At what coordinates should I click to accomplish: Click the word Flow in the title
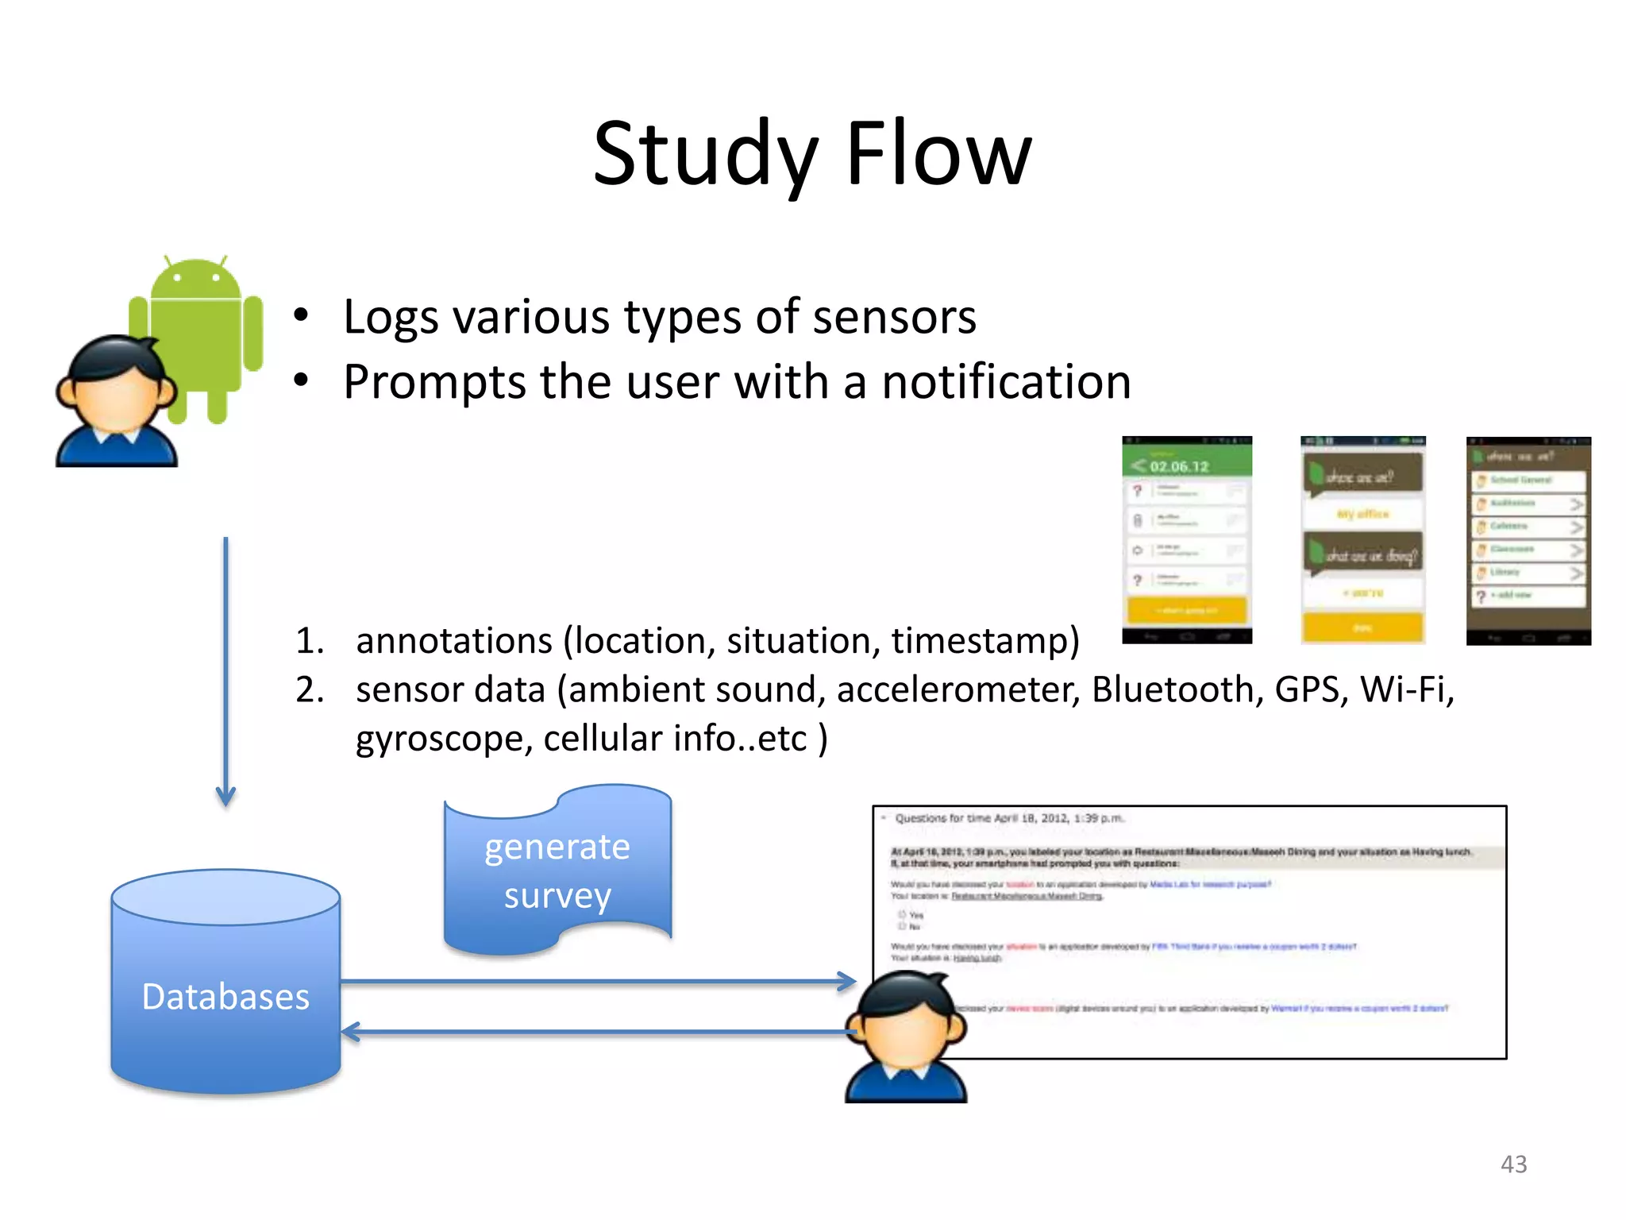(x=938, y=155)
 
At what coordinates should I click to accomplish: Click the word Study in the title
(x=705, y=155)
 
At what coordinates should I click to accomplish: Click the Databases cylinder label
(x=225, y=997)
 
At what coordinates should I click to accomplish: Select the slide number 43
(x=1513, y=1164)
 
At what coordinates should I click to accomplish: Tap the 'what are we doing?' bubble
(x=1363, y=554)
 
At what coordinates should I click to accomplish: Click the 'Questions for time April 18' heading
(x=1008, y=818)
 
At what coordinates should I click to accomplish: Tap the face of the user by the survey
(x=905, y=1033)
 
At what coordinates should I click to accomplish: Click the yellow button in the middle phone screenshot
(x=1362, y=627)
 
